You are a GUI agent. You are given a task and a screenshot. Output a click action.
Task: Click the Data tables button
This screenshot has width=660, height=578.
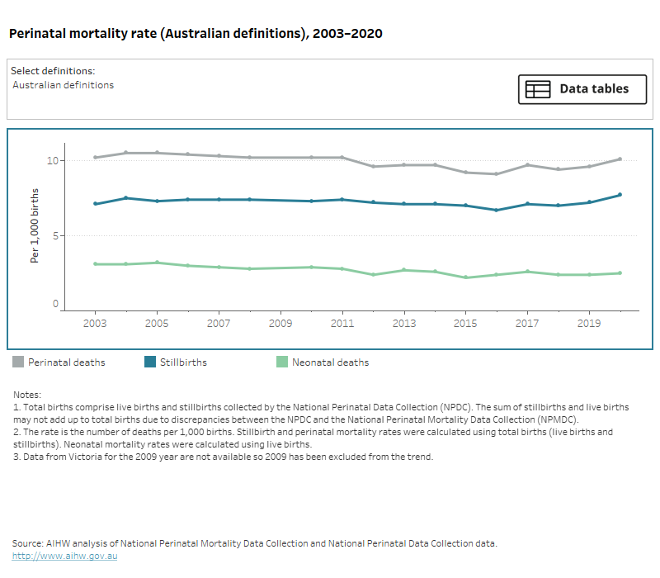tap(582, 89)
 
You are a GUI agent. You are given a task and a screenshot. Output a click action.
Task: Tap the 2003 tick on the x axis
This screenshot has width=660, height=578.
tap(96, 324)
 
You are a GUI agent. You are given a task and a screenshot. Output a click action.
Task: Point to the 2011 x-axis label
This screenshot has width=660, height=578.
tap(342, 324)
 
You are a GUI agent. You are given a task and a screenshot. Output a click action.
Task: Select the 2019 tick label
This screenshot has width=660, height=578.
tap(589, 324)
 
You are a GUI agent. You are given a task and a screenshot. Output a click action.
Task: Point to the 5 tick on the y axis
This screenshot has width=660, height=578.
tap(55, 235)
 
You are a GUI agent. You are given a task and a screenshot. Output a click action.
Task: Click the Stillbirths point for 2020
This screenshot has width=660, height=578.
tap(620, 195)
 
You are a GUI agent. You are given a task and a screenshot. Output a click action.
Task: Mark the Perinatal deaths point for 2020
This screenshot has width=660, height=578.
tap(620, 159)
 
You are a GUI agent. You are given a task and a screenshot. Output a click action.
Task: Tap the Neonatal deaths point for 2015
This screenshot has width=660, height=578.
tap(465, 277)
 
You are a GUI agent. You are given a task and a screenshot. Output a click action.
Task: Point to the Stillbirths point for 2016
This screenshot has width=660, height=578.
tap(496, 210)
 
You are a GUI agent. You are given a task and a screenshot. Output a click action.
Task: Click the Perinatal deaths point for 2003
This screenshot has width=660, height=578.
tap(96, 158)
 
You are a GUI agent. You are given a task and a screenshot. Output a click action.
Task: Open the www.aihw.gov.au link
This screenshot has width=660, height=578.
tap(65, 557)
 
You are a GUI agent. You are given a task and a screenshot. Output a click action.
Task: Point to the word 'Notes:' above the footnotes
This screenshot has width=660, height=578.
tap(27, 396)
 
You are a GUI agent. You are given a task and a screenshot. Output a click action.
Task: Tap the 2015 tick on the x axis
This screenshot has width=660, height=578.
tap(465, 324)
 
